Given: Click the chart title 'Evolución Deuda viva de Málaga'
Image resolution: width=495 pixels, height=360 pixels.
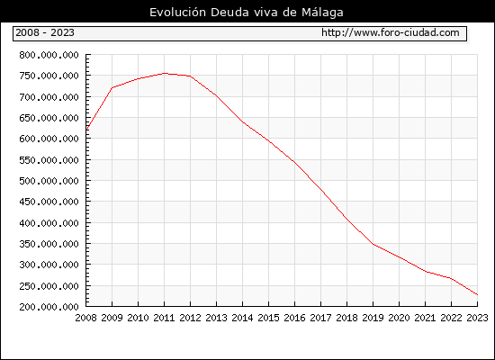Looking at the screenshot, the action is coord(247,13).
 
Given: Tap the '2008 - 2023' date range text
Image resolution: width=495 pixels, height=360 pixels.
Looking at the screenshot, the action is coord(45,32).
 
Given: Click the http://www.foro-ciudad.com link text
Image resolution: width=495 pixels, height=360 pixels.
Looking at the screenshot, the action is coord(391,32).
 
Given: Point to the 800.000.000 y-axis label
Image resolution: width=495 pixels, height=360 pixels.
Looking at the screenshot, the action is coord(49,55).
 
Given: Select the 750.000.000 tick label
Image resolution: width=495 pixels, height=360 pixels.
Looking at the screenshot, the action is coord(49,76).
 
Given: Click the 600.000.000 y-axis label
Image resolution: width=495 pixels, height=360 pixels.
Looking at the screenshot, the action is coord(49,139).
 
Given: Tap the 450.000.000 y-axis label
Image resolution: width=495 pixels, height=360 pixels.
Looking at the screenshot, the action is coord(49,202).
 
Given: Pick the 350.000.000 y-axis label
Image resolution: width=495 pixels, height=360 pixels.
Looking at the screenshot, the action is coord(49,244).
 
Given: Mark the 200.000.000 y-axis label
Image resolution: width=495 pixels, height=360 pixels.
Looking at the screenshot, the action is coord(49,307).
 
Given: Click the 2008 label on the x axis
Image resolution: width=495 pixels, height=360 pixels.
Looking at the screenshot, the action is coord(85,318).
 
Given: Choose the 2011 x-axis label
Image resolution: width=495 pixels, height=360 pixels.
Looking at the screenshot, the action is coord(164,318).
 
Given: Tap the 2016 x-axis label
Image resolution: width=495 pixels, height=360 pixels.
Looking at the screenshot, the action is coord(294,318).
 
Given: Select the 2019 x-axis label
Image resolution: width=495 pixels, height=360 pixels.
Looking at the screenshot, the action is coord(373,318).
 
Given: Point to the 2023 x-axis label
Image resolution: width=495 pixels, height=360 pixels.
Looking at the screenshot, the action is coord(477,318).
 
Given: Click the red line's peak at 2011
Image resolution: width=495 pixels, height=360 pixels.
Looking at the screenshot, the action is coord(165,73).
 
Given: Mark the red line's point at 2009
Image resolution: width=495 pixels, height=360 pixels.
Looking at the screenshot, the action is coord(112,88).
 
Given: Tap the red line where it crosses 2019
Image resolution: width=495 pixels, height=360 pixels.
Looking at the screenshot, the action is coord(373,244).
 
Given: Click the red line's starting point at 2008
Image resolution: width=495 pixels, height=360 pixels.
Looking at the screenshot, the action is coord(86,130).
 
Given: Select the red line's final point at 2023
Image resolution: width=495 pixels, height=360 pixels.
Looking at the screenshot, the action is coord(478,294).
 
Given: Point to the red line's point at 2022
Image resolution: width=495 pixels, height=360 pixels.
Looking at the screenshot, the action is coord(452,278).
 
